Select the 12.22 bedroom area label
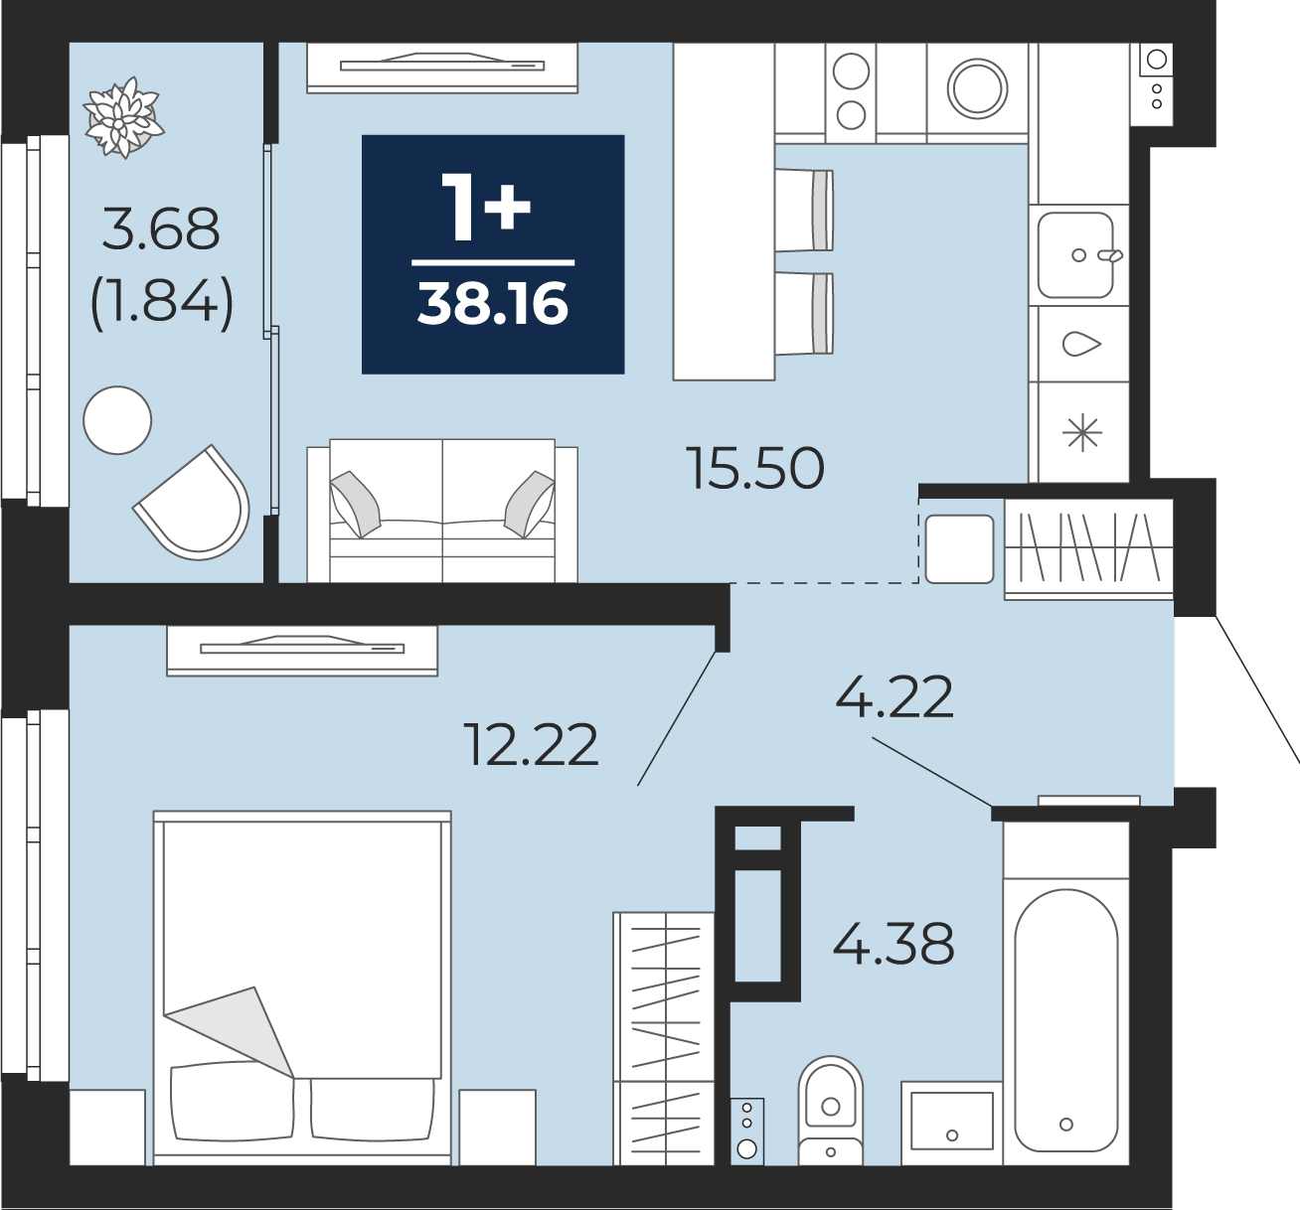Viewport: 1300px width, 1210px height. (531, 745)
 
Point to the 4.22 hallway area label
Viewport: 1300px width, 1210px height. (894, 697)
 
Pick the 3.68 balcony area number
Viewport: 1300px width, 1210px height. (161, 228)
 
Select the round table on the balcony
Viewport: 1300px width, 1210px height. (118, 420)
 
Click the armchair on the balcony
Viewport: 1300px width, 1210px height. (193, 503)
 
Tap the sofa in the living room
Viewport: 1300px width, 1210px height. (442, 511)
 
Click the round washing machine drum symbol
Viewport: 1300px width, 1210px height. (977, 89)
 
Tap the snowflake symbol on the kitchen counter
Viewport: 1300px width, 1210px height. (1082, 432)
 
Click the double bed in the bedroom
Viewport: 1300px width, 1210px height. (302, 988)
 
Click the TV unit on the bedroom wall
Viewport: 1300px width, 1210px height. (302, 651)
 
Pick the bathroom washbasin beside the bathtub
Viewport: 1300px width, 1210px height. (952, 1123)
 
